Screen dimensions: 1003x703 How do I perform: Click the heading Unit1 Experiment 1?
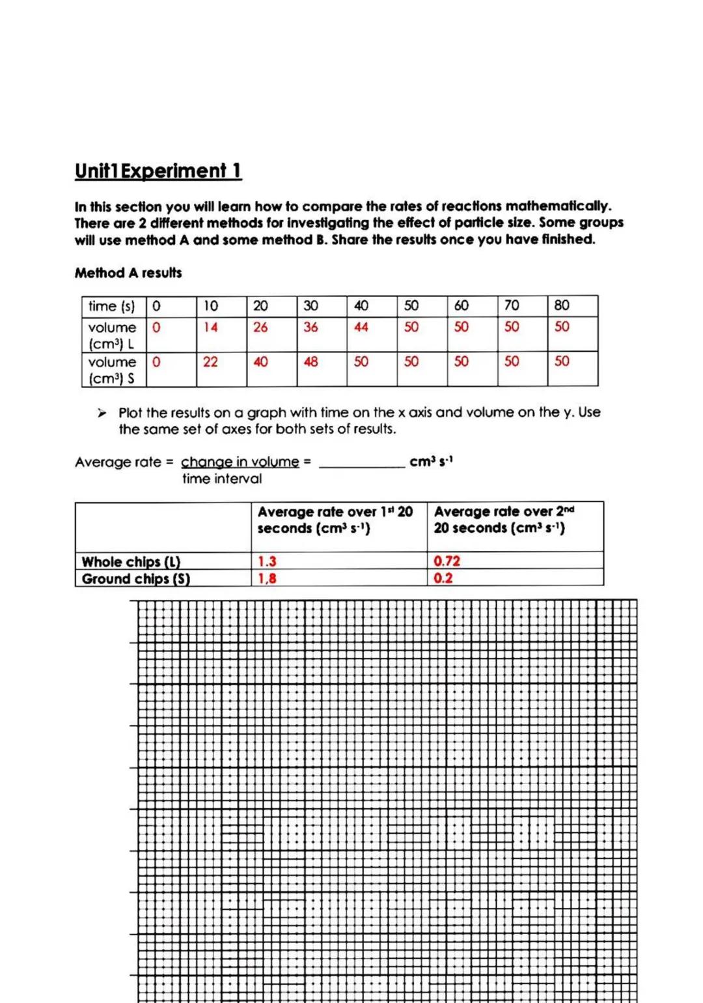(158, 171)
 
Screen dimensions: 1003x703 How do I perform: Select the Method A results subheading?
(128, 273)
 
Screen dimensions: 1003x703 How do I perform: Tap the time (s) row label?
(111, 306)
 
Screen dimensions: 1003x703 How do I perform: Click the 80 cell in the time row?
(561, 305)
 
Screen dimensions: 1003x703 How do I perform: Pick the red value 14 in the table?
(210, 327)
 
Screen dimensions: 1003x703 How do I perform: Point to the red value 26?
(260, 327)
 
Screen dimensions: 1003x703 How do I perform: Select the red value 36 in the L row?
(310, 327)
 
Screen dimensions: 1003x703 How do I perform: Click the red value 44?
(361, 327)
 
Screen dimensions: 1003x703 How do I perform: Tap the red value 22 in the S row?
(210, 361)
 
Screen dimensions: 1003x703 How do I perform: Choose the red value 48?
(310, 361)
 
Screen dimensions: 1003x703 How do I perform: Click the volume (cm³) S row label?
(112, 370)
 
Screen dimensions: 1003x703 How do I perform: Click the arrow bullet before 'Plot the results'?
(102, 413)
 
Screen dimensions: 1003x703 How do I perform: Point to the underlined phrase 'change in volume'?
(240, 462)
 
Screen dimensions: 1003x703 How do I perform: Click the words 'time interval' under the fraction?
(222, 479)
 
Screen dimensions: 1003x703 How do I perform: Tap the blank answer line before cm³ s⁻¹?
(362, 464)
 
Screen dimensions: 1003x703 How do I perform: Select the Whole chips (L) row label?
(131, 561)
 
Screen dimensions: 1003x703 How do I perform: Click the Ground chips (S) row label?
(135, 578)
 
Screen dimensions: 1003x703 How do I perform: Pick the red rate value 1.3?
(267, 561)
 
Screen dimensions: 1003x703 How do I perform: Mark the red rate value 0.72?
(447, 561)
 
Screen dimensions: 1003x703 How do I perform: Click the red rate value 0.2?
(443, 578)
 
